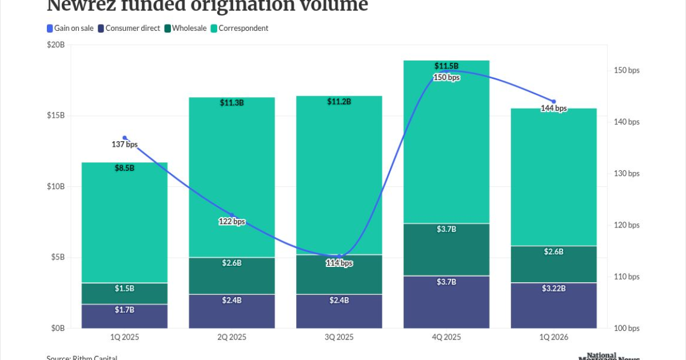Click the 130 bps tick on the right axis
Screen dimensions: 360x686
[x=626, y=174]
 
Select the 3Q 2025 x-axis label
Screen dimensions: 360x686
[x=339, y=338]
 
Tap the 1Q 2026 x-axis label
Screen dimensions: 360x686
[x=553, y=338]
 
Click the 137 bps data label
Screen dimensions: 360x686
[x=125, y=145]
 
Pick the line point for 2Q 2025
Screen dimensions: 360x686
[x=232, y=215]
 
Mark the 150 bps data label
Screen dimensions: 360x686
[x=446, y=78]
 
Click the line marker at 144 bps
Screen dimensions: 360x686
[x=553, y=102]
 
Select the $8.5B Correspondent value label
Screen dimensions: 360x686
[x=125, y=168]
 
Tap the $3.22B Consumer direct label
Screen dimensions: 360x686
[x=553, y=289]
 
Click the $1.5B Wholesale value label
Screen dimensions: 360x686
[x=125, y=289]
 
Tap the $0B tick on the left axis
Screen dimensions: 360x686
[x=58, y=329]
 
